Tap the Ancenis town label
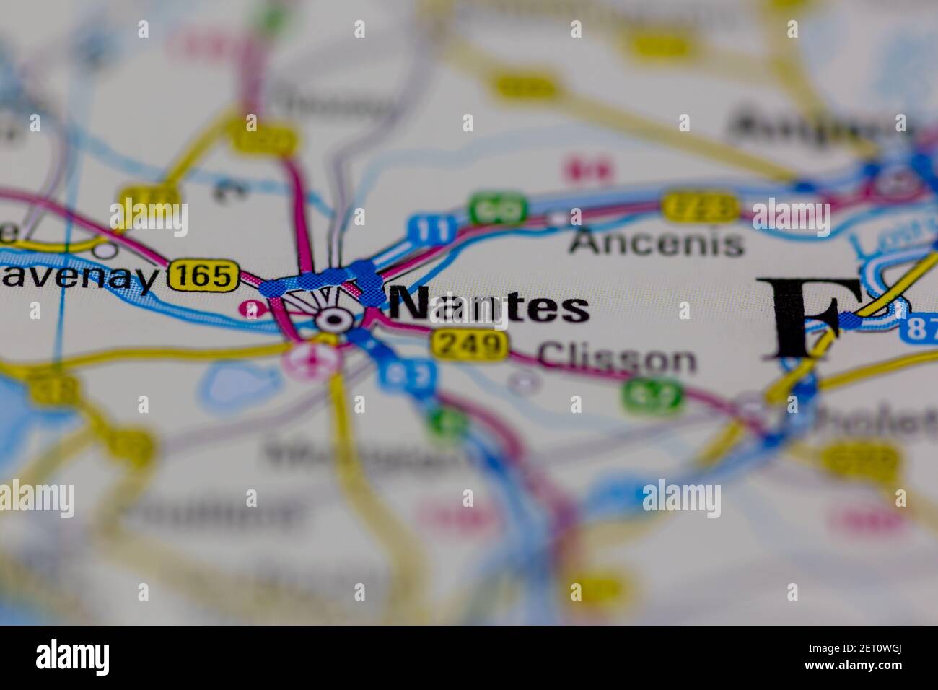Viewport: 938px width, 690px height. (656, 243)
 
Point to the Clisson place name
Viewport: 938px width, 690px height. (618, 359)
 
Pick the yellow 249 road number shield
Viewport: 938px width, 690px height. (468, 344)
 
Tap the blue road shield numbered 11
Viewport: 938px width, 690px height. (432, 229)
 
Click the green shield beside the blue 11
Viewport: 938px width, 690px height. (496, 210)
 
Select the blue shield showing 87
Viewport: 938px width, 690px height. (919, 329)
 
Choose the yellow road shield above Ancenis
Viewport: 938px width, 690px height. (700, 207)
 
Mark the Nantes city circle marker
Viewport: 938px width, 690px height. (333, 318)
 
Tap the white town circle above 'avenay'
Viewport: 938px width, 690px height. (106, 250)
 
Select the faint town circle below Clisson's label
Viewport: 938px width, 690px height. (523, 381)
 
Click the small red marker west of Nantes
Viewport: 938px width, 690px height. (251, 308)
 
